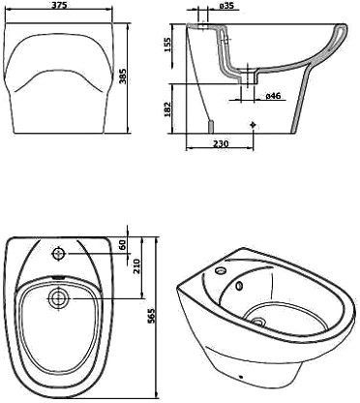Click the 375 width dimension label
(x=59, y=6)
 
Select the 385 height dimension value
(x=123, y=77)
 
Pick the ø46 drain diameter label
(x=273, y=96)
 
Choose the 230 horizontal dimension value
(x=220, y=143)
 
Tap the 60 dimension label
(x=123, y=245)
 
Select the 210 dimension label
(x=136, y=266)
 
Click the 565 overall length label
(x=152, y=316)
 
